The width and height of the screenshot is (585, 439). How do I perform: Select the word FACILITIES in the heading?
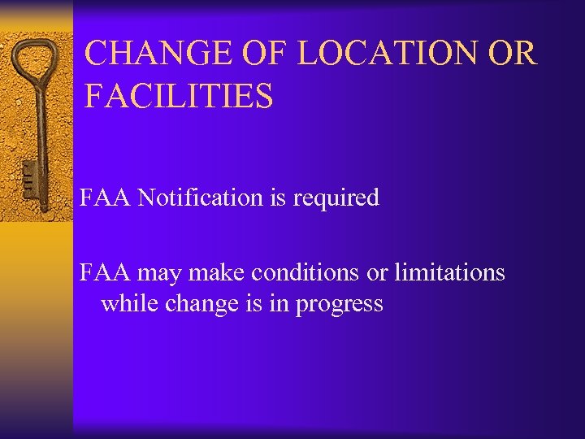[x=179, y=96]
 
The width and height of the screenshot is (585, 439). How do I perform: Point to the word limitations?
[x=449, y=273]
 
